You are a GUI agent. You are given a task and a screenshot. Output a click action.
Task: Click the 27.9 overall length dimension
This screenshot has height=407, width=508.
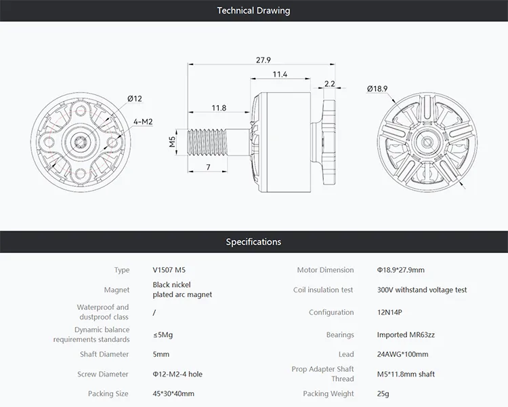pyautogui.click(x=263, y=60)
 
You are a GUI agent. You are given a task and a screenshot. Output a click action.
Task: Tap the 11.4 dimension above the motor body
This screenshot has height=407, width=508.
pyautogui.click(x=280, y=75)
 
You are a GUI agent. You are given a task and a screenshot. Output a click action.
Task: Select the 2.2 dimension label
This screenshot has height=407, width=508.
pyautogui.click(x=329, y=83)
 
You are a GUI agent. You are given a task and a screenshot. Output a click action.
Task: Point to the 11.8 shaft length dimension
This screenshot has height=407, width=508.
pyautogui.click(x=219, y=108)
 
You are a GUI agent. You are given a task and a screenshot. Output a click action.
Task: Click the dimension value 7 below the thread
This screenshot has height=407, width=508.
pyautogui.click(x=209, y=167)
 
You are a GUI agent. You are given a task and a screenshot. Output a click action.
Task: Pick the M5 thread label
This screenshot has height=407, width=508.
pyautogui.click(x=172, y=142)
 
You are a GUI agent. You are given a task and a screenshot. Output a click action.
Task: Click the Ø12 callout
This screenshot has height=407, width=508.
pyautogui.click(x=135, y=98)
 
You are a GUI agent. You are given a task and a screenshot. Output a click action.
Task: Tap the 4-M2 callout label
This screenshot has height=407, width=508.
pyautogui.click(x=143, y=121)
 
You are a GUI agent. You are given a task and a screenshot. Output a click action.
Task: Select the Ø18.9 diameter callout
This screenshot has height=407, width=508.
pyautogui.click(x=377, y=89)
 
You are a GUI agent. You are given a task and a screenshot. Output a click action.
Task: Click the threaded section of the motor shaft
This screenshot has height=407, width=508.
pyautogui.click(x=207, y=142)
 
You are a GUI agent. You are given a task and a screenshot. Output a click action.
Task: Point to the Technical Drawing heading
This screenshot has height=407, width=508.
pyautogui.click(x=254, y=11)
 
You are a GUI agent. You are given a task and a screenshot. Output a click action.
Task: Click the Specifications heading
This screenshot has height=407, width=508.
pyautogui.click(x=254, y=241)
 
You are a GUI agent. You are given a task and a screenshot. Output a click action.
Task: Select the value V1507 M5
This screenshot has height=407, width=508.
pyautogui.click(x=169, y=270)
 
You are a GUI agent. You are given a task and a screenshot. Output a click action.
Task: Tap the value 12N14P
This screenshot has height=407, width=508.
pyautogui.click(x=389, y=312)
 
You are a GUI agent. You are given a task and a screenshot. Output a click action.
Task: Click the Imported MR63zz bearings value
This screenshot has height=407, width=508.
pyautogui.click(x=406, y=334)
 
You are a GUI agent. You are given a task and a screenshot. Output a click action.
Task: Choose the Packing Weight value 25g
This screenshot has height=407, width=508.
pyautogui.click(x=383, y=393)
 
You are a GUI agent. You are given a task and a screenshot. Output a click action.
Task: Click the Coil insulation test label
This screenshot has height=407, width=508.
pyautogui.click(x=323, y=290)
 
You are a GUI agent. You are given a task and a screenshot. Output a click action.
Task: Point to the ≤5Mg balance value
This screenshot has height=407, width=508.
pyautogui.click(x=163, y=334)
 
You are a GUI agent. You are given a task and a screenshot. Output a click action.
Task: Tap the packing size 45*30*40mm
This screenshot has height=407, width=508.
pyautogui.click(x=173, y=393)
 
